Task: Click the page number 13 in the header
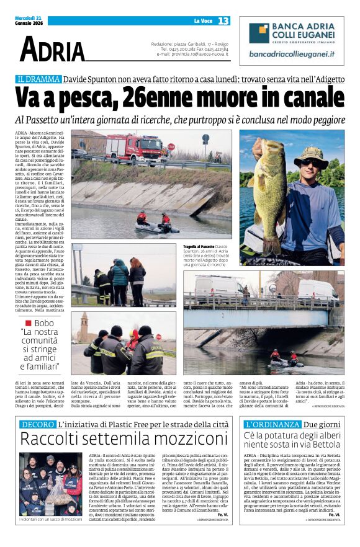(223, 21)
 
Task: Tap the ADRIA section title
(52, 50)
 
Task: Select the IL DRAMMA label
(39, 79)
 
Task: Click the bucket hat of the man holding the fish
(313, 154)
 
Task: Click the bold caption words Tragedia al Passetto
(199, 246)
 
